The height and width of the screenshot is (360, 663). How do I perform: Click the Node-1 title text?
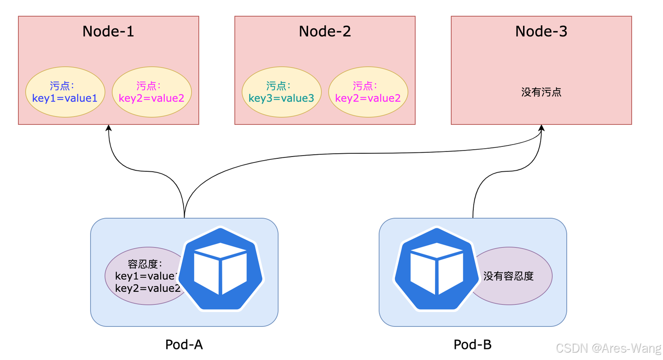tap(108, 31)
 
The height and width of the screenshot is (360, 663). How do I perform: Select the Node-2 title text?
tap(325, 31)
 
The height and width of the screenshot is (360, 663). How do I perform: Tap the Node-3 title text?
tap(541, 31)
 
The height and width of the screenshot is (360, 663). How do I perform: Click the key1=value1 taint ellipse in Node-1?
tap(65, 93)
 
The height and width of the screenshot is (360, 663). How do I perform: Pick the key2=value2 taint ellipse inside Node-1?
tap(151, 93)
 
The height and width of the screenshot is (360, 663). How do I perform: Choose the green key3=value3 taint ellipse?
tap(281, 93)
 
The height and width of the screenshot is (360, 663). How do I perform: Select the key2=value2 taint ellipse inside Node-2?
tap(368, 93)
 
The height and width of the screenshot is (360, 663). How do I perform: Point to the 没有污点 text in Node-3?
tap(541, 92)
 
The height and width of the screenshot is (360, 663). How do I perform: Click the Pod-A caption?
tap(184, 344)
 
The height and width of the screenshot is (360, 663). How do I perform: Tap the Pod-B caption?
tap(472, 344)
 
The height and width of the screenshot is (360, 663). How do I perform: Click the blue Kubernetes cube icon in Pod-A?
tap(221, 269)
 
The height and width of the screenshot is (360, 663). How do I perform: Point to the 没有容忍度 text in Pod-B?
tap(508, 276)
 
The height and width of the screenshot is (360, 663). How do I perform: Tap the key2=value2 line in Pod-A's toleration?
tap(147, 288)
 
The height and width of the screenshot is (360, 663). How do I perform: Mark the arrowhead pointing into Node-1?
tap(109, 128)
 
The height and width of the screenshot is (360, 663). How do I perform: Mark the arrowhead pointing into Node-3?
tap(541, 128)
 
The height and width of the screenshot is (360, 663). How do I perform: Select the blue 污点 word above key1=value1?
tap(62, 86)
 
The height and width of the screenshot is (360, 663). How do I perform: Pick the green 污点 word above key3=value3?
tap(278, 86)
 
